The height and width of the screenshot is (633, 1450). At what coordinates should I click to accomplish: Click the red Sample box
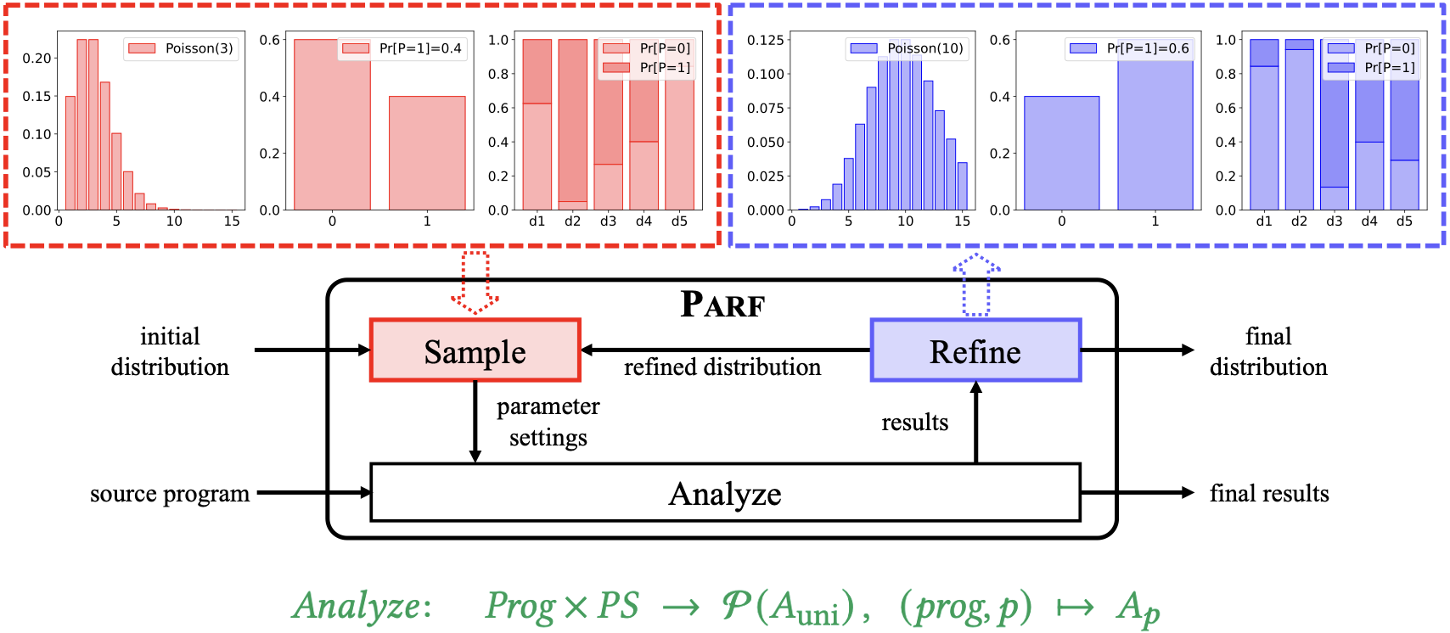coord(475,350)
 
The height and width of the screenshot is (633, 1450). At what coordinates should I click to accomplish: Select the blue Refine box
coord(975,350)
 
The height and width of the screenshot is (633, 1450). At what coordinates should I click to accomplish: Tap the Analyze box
coord(725,493)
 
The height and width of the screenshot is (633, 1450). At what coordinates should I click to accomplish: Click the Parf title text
coord(722,304)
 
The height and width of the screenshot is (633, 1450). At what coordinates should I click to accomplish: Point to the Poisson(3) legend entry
coord(181,48)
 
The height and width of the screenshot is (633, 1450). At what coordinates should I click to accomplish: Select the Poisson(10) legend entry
coord(907,48)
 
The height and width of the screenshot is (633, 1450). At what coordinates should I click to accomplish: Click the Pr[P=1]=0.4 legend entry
coord(402,48)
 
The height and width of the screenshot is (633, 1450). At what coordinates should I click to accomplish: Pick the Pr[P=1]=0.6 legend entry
coord(1130,48)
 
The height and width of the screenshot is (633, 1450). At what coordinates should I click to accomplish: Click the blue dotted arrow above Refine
coord(976,285)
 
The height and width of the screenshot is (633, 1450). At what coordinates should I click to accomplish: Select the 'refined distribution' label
coord(722,367)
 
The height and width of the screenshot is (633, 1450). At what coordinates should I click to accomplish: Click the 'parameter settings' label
coord(548,422)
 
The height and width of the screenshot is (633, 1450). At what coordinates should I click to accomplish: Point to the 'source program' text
coord(170,494)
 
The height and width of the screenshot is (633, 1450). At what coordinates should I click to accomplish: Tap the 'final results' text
coord(1269,493)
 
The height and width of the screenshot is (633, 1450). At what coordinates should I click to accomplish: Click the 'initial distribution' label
coord(170,351)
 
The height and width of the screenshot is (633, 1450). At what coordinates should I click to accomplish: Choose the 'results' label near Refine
coord(914,422)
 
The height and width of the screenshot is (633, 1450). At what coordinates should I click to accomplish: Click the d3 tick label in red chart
coord(608,221)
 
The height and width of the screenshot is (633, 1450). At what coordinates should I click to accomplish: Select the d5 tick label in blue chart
coord(1405,221)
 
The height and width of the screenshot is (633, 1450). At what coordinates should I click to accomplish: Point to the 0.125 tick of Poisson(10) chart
coord(766,40)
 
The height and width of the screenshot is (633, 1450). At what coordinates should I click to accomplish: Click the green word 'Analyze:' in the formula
coord(362,606)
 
